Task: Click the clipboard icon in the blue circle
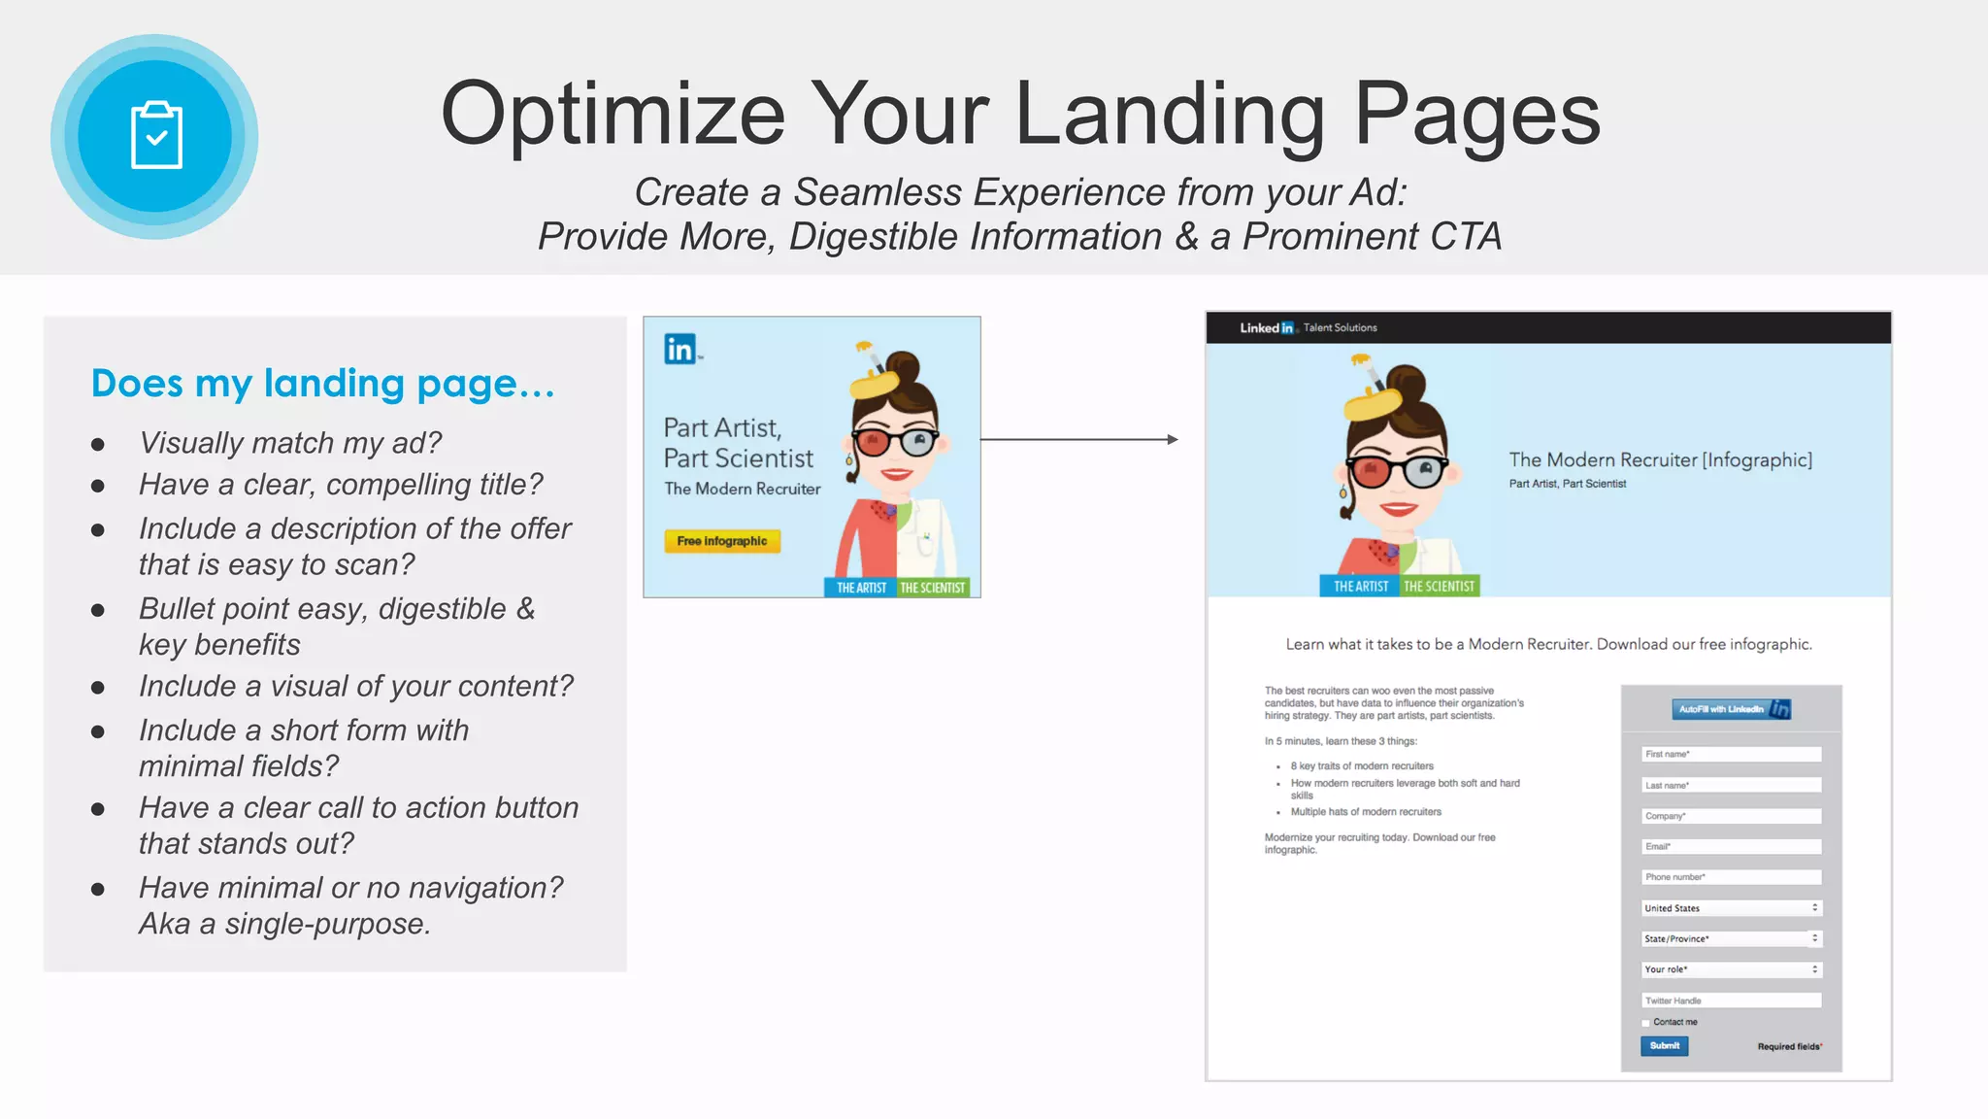[156, 136]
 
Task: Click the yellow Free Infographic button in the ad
[721, 541]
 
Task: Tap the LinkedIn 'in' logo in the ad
[680, 349]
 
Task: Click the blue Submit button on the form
[1664, 1046]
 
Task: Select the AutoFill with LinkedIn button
[1731, 709]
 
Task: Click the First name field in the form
[1731, 754]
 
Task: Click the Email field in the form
[1731, 846]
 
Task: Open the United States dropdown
[1731, 908]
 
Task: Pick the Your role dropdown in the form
[1731, 969]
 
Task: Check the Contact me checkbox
[1646, 1023]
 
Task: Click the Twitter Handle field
[1731, 1000]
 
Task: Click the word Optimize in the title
[613, 115]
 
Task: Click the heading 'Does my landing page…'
[322, 384]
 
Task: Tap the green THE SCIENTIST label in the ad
[932, 588]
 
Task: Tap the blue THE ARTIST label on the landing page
[1360, 586]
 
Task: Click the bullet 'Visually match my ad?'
[290, 443]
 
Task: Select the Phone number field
[1731, 877]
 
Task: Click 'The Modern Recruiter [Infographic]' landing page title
[1660, 459]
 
